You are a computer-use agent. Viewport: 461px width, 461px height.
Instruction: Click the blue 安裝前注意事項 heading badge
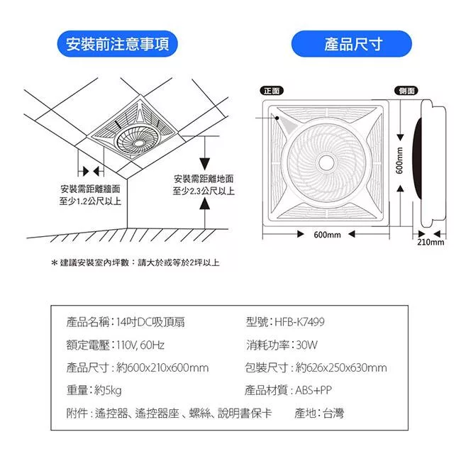click(117, 44)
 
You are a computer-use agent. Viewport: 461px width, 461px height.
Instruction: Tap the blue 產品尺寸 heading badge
click(352, 44)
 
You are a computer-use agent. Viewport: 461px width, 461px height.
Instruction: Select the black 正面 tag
click(272, 91)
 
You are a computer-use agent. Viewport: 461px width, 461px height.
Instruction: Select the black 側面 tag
click(406, 91)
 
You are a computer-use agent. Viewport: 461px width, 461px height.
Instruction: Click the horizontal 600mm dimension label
click(327, 235)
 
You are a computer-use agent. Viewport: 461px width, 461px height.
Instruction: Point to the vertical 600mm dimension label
click(399, 160)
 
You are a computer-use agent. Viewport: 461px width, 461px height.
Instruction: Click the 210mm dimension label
click(431, 242)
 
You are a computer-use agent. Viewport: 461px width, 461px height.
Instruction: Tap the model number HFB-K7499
click(299, 322)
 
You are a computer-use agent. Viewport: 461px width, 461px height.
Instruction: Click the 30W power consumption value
click(306, 345)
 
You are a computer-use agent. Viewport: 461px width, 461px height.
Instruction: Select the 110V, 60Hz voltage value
click(140, 345)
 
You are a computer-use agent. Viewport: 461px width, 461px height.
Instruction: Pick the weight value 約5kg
click(108, 391)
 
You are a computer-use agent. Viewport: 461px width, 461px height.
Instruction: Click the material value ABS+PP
click(313, 391)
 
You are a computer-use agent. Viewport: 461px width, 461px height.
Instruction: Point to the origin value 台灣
click(333, 413)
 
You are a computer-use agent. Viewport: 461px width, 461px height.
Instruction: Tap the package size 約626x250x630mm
click(341, 367)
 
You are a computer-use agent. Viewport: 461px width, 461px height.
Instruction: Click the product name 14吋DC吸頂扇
click(150, 322)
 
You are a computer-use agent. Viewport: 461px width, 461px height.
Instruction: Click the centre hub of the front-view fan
click(326, 162)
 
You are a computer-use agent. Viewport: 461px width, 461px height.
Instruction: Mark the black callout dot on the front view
click(277, 118)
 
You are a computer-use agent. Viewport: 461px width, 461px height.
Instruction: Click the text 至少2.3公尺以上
click(204, 191)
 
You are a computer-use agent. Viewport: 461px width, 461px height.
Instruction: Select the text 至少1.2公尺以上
click(90, 201)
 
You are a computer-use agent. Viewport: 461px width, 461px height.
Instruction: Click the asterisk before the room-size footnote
click(54, 262)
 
